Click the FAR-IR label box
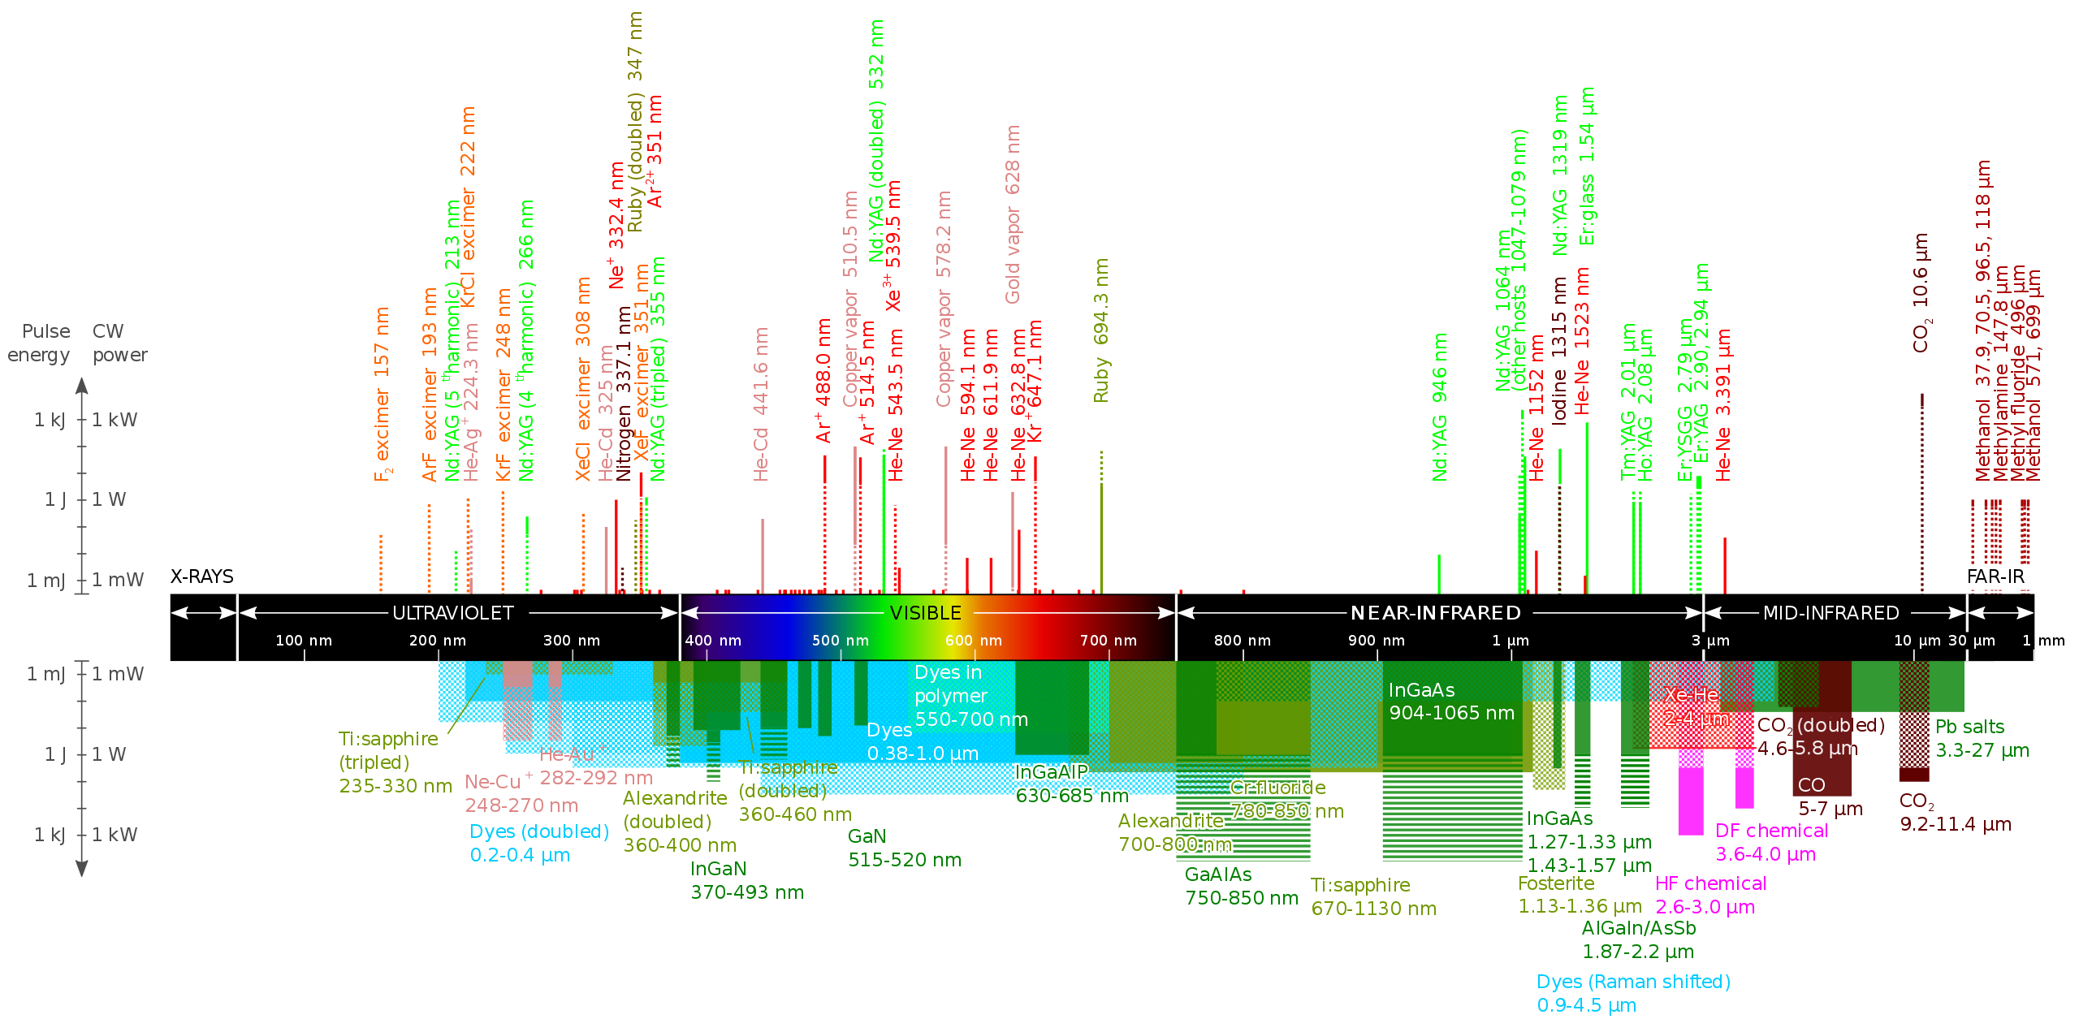1997,577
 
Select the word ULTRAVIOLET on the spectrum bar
453,613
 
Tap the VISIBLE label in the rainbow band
925,613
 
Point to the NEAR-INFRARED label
1435,613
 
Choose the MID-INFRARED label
1830,613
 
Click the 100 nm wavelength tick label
304,641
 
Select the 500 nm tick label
841,641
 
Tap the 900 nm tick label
1376,641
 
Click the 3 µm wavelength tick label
1710,641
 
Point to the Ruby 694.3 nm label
1101,330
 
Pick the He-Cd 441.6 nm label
761,404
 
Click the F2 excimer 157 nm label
382,394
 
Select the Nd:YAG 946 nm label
1440,406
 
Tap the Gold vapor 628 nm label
1013,214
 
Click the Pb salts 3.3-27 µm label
1982,738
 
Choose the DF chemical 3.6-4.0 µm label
1771,842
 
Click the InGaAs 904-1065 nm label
1451,702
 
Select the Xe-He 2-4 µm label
1696,706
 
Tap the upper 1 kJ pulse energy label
49,420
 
